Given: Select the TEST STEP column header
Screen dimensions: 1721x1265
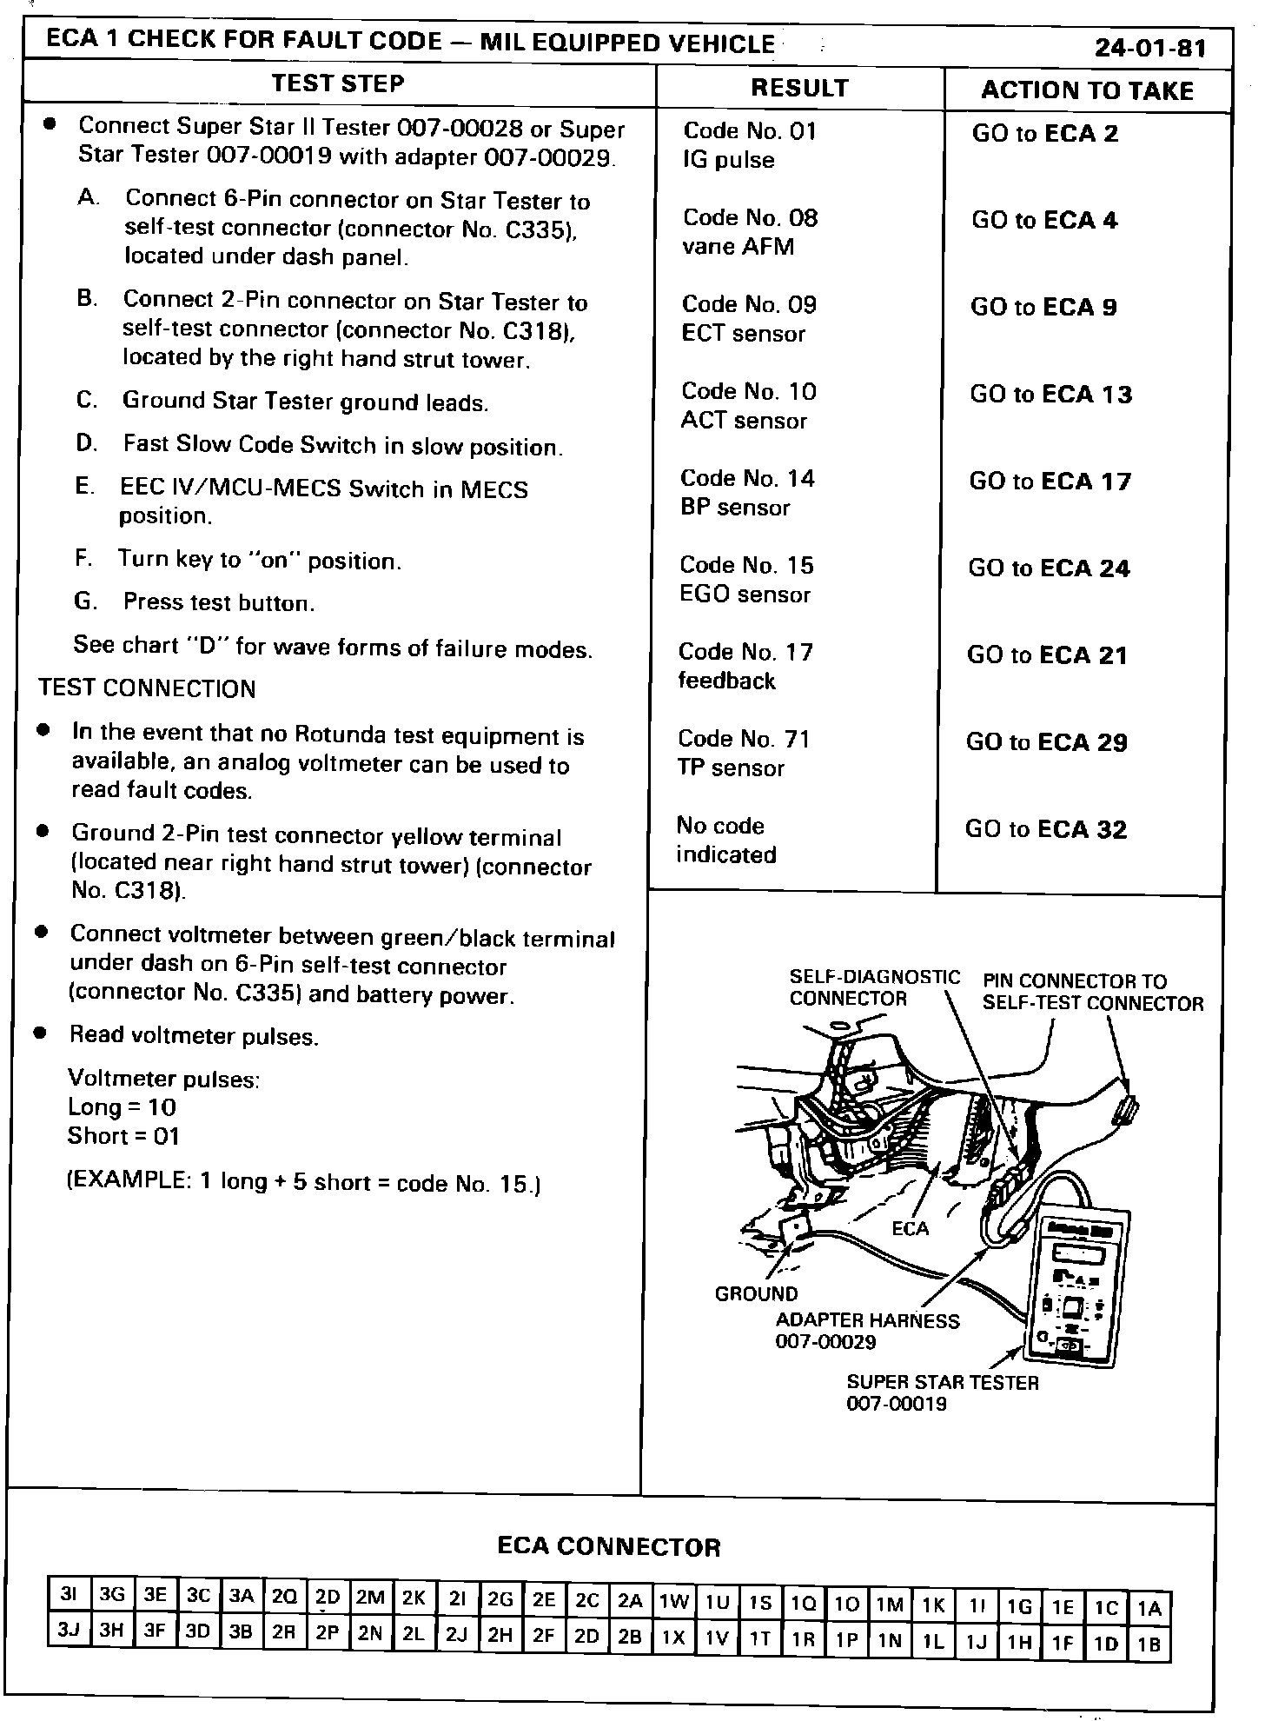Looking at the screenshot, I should tap(337, 83).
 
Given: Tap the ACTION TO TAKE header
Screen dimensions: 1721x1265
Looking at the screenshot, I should tap(1087, 90).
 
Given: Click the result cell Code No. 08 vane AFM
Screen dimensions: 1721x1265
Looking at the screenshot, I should tap(750, 232).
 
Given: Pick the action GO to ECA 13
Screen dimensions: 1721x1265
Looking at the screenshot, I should tap(1051, 395).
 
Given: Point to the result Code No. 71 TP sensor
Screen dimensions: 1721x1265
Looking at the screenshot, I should tap(744, 754).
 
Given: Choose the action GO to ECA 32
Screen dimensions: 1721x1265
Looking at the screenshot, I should tap(1046, 829).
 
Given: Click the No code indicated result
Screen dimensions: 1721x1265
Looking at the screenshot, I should tap(725, 841).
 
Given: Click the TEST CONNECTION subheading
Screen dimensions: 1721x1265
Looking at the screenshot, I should tap(147, 688).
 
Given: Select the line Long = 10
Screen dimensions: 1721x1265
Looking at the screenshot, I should tap(122, 1107).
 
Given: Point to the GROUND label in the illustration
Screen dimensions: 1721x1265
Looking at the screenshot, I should tap(756, 1294).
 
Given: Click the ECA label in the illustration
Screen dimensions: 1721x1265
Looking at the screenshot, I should tap(910, 1228).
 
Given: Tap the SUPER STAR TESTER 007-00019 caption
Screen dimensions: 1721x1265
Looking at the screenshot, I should tap(943, 1392).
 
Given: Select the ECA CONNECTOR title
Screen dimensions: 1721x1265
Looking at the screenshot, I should tap(609, 1546).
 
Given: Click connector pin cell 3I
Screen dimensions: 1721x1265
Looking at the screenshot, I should tap(69, 1595).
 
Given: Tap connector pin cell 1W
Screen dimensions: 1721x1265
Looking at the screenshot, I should tap(673, 1601).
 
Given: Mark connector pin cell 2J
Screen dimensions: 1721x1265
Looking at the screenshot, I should tap(457, 1634).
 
